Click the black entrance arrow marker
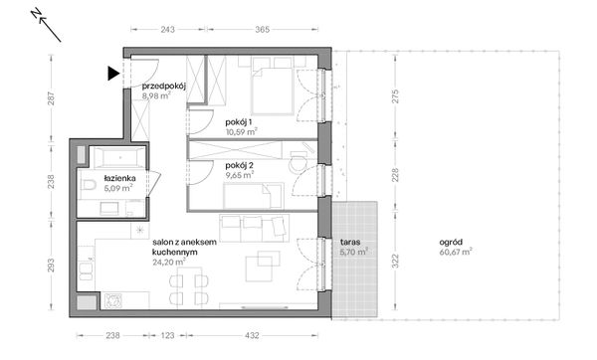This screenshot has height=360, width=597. click(112, 73)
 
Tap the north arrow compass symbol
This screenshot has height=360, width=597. click(46, 26)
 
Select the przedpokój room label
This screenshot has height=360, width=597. click(164, 86)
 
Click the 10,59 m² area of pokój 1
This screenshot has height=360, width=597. click(242, 132)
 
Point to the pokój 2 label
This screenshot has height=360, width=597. click(240, 165)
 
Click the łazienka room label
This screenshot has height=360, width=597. click(119, 178)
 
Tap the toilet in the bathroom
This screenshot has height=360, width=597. click(89, 185)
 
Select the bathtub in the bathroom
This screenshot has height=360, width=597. click(120, 157)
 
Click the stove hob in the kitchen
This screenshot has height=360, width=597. click(112, 300)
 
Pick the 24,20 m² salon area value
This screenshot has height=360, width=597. click(169, 262)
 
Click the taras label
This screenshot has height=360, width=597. click(350, 242)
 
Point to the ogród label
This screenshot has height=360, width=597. click(451, 242)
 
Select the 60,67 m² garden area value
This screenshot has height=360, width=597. click(456, 252)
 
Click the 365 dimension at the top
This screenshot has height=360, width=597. click(263, 29)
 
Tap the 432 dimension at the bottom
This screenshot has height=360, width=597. click(252, 335)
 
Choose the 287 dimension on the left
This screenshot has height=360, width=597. click(51, 98)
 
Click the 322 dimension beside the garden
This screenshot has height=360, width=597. click(396, 262)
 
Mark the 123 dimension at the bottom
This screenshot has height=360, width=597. click(167, 335)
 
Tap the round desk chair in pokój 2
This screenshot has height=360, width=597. click(298, 164)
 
